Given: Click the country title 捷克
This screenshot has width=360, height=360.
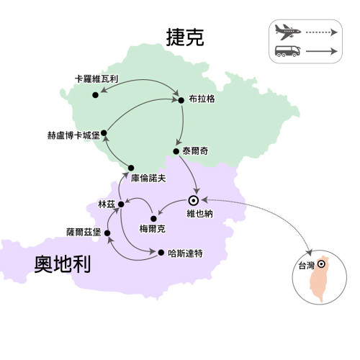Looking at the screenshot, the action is pos(185,37).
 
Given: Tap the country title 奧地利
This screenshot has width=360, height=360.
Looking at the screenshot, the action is pos(63,264).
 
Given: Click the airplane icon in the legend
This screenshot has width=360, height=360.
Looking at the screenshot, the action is pos(287,32).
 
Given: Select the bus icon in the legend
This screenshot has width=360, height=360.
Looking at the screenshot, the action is pos(287,51).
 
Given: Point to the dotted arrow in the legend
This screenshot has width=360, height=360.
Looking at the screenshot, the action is pos(322,32).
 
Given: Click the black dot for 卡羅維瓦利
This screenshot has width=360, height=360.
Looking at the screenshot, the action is pos(95,95).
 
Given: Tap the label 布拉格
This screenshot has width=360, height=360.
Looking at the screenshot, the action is pos(202,99).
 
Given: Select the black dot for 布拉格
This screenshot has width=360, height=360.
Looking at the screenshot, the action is pos(181,100).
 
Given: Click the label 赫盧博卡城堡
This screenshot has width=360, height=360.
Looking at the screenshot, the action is pos(73,135).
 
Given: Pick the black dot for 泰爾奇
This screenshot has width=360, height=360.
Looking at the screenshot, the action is pos(176,151).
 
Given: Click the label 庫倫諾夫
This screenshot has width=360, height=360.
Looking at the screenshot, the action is pos(148,178).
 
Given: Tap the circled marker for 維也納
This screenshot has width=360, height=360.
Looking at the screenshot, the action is pos(193,201).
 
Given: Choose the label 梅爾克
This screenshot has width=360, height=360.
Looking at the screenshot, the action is pos(153,229).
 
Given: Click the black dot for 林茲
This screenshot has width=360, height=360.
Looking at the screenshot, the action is pos(121,204).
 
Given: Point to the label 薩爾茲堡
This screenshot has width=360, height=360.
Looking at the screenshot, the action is pos(84,232).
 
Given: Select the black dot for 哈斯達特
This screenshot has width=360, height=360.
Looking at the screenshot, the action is pos(161,253).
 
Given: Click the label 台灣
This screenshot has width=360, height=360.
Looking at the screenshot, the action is pos(307,266).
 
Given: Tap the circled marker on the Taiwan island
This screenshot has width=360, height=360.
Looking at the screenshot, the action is pos(321,264).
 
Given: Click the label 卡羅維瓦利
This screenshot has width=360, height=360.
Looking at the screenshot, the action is pos(96,79).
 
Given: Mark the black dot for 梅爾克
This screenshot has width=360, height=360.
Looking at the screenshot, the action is pos(153,219).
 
